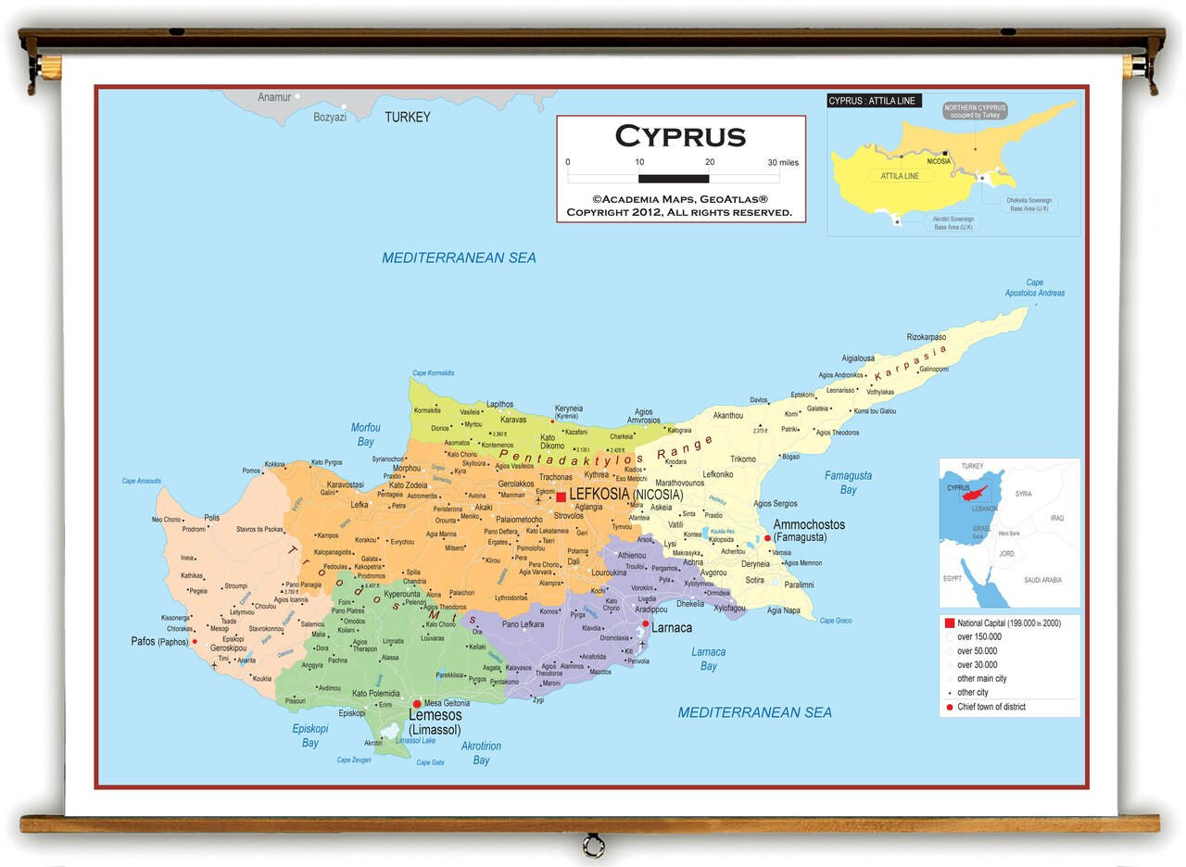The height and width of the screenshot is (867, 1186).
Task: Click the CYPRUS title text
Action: pyautogui.click(x=680, y=136)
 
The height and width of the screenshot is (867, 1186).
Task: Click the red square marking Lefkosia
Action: pyautogui.click(x=561, y=497)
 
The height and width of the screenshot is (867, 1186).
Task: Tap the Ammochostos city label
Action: pyautogui.click(x=809, y=524)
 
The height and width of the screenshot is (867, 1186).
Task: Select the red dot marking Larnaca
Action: pyautogui.click(x=646, y=623)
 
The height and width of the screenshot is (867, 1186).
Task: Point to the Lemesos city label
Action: pyautogui.click(x=435, y=716)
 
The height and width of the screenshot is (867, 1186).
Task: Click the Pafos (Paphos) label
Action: pyautogui.click(x=159, y=641)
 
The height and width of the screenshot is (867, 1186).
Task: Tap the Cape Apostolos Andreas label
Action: pyautogui.click(x=1034, y=288)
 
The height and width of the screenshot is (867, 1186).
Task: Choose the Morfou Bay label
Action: pyautogui.click(x=365, y=434)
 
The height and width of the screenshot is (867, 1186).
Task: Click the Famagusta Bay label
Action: pyautogui.click(x=848, y=483)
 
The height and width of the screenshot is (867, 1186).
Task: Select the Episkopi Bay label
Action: pyautogui.click(x=310, y=735)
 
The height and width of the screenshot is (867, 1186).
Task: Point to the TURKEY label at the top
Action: pyautogui.click(x=408, y=118)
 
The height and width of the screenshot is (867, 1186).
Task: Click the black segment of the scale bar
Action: pyautogui.click(x=674, y=178)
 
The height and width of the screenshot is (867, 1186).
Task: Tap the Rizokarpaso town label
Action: pyautogui.click(x=927, y=337)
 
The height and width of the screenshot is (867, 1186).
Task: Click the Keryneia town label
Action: pyautogui.click(x=569, y=408)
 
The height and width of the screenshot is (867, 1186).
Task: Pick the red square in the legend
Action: pyautogui.click(x=949, y=623)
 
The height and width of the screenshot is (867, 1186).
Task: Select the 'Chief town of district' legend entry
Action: pyautogui.click(x=990, y=707)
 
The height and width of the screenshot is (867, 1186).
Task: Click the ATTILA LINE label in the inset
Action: pyautogui.click(x=900, y=176)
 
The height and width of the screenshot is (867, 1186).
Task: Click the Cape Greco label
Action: pyautogui.click(x=836, y=621)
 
